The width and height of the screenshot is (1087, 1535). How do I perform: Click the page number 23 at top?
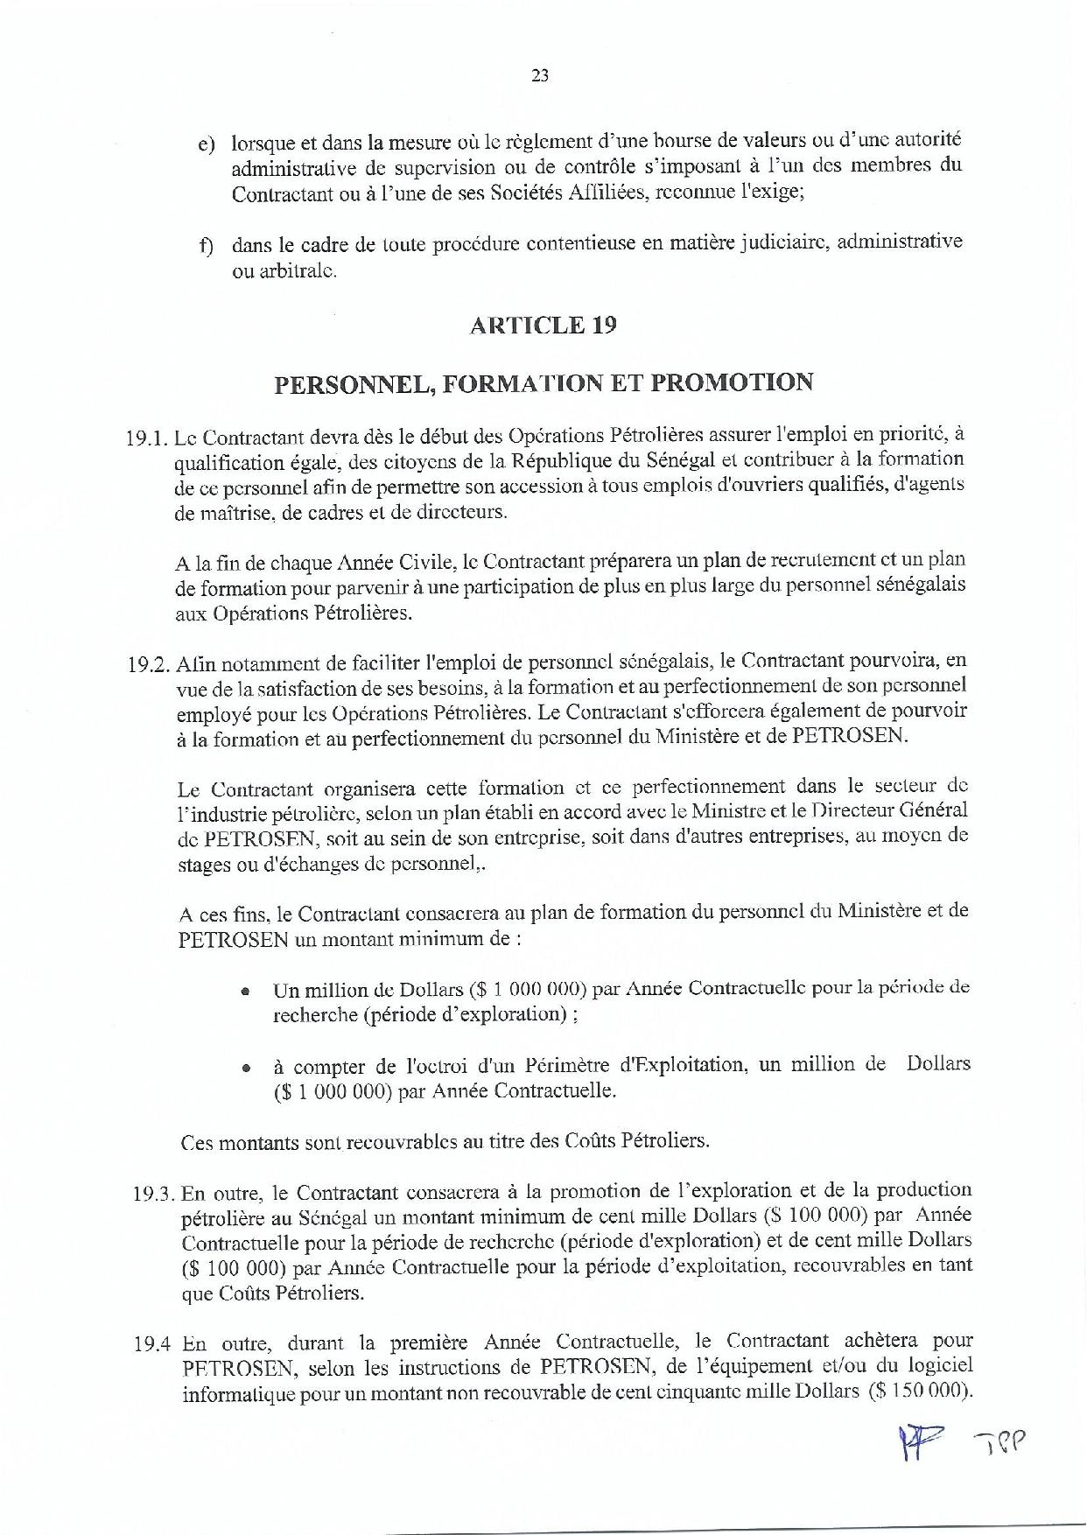540,76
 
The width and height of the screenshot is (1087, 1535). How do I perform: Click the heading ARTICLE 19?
543,326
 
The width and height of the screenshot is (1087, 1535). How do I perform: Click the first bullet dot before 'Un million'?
247,992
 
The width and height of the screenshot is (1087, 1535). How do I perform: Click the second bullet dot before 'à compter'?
247,1069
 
